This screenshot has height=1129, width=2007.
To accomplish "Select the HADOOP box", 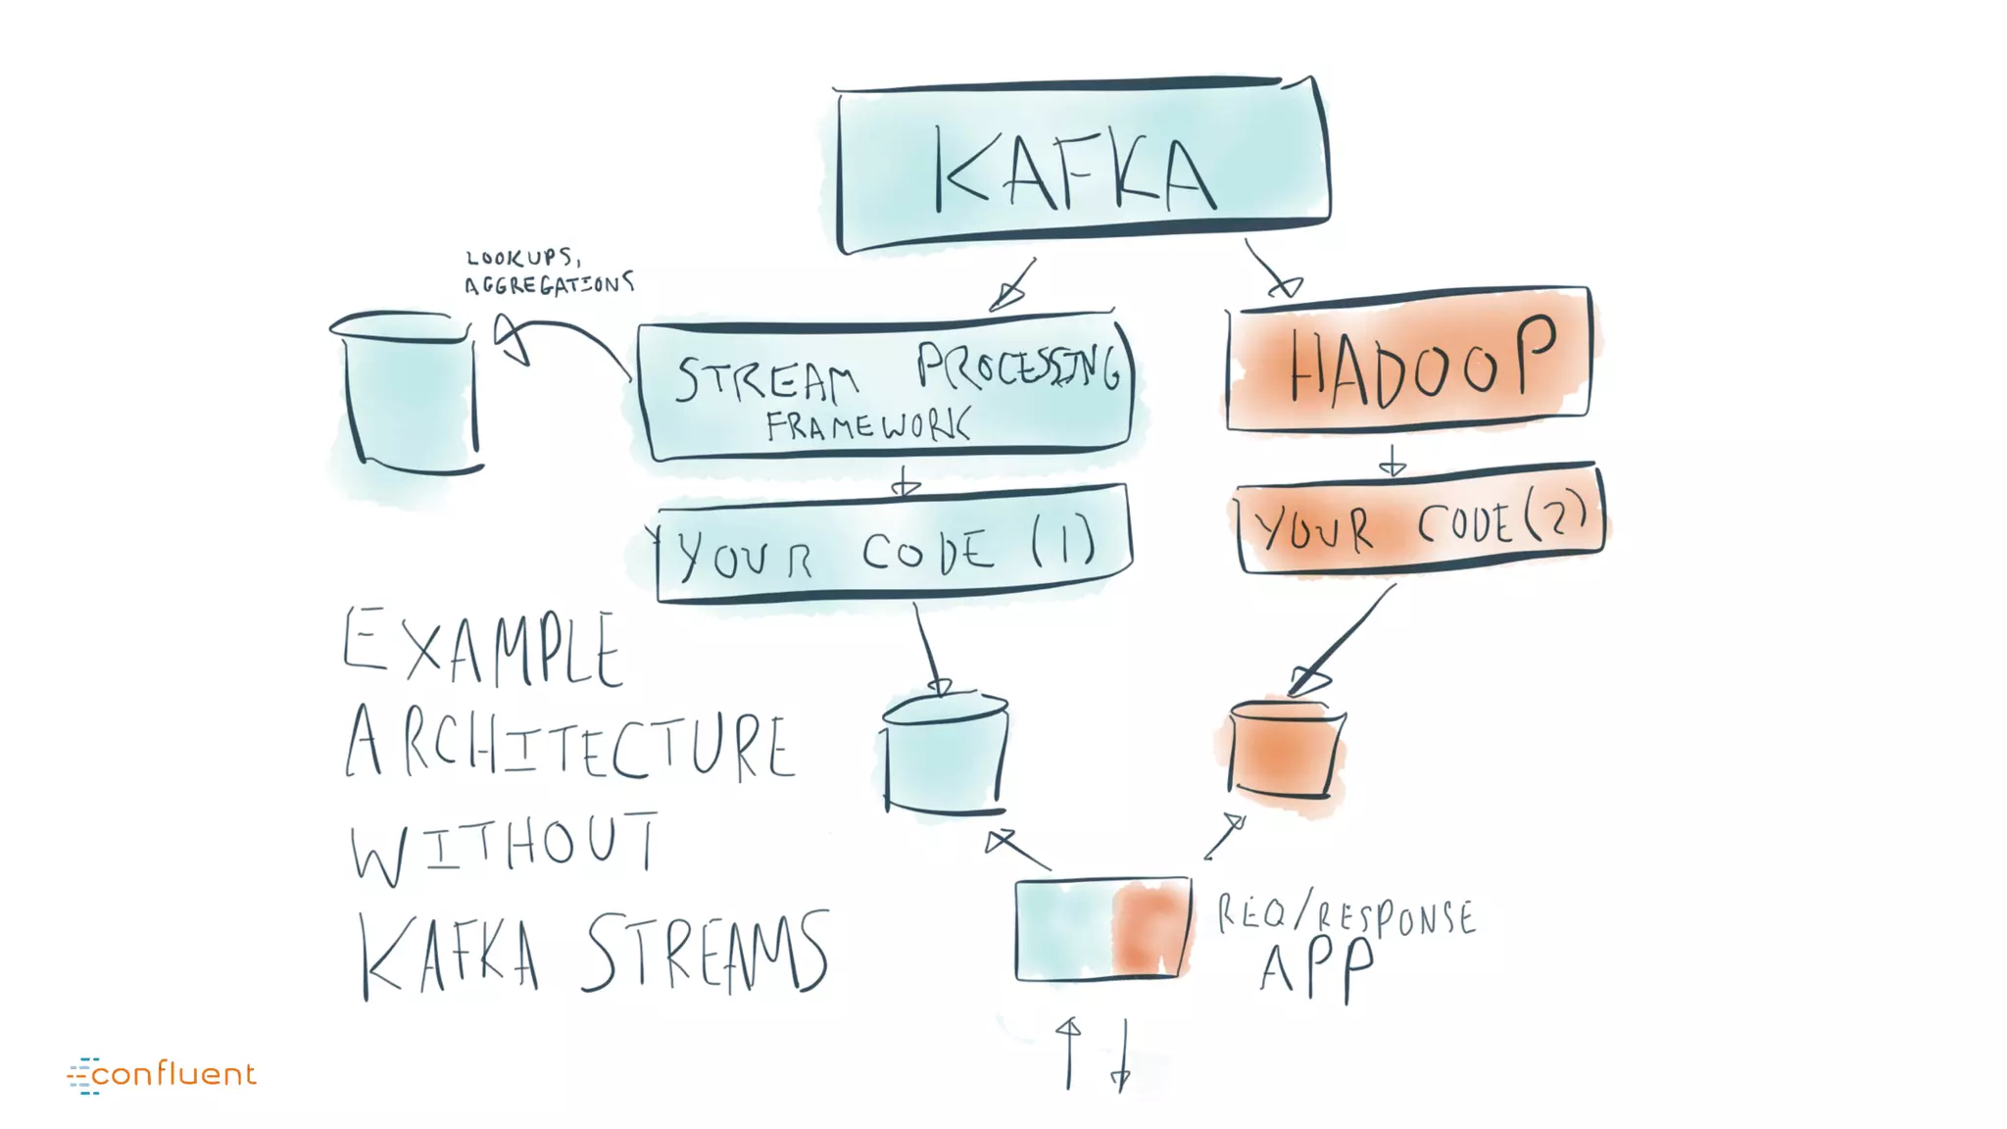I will tap(1408, 359).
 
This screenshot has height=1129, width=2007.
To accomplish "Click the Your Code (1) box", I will tap(893, 546).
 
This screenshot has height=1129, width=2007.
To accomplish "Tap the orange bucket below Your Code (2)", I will tap(1285, 749).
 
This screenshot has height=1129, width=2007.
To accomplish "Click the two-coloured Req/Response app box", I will tap(1103, 929).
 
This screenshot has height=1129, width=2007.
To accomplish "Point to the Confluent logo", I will tap(163, 1074).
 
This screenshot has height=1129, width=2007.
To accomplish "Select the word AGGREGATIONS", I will tap(549, 284).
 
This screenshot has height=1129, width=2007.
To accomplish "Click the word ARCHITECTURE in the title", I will tap(569, 745).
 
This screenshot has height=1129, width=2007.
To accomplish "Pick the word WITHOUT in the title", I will tap(505, 847).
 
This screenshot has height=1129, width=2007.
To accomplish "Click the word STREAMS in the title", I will tap(707, 952).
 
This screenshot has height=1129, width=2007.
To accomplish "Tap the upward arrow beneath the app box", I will tap(1069, 1053).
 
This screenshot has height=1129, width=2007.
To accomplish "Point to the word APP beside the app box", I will tap(1316, 969).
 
